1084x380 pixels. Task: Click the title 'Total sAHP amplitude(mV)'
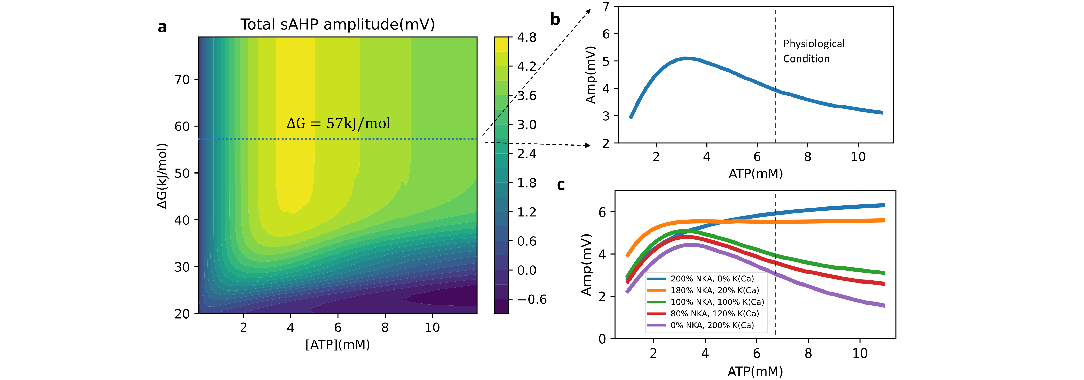(338, 24)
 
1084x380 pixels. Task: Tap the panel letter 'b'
(555, 19)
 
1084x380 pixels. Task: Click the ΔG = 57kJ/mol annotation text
(338, 123)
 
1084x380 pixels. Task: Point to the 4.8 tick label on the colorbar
(526, 37)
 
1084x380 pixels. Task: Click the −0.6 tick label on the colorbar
(531, 300)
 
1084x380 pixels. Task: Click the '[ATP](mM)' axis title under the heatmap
(338, 345)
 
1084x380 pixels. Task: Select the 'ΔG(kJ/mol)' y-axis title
(162, 176)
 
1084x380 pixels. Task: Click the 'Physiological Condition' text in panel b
(813, 51)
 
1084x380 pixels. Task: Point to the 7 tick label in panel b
(606, 7)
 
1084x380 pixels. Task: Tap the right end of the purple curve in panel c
(884, 306)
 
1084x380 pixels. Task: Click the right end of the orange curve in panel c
(884, 220)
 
